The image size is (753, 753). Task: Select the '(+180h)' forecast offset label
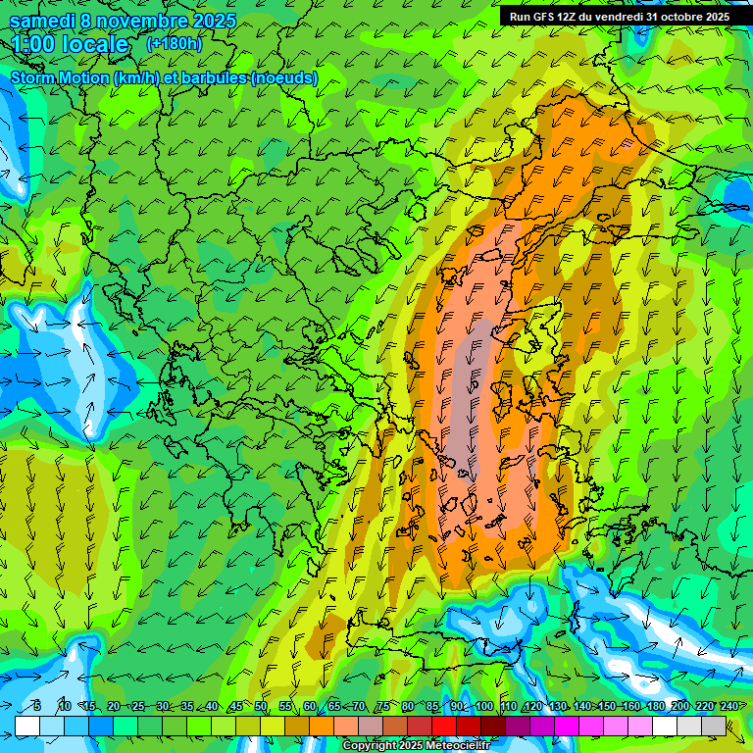coord(176,44)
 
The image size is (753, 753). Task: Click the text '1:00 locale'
coord(70,44)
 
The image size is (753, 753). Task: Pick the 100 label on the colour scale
coord(483,707)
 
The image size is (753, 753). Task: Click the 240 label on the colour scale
coord(728,707)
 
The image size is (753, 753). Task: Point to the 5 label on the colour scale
coord(37,707)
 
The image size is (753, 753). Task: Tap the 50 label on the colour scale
coord(260,707)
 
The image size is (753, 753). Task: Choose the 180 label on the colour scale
coord(655,707)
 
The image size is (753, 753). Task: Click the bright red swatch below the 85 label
coord(444,726)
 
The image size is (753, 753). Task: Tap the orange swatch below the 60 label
coord(322,726)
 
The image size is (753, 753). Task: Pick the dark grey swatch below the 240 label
coord(714,726)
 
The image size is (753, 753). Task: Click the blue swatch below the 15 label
coord(101,726)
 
